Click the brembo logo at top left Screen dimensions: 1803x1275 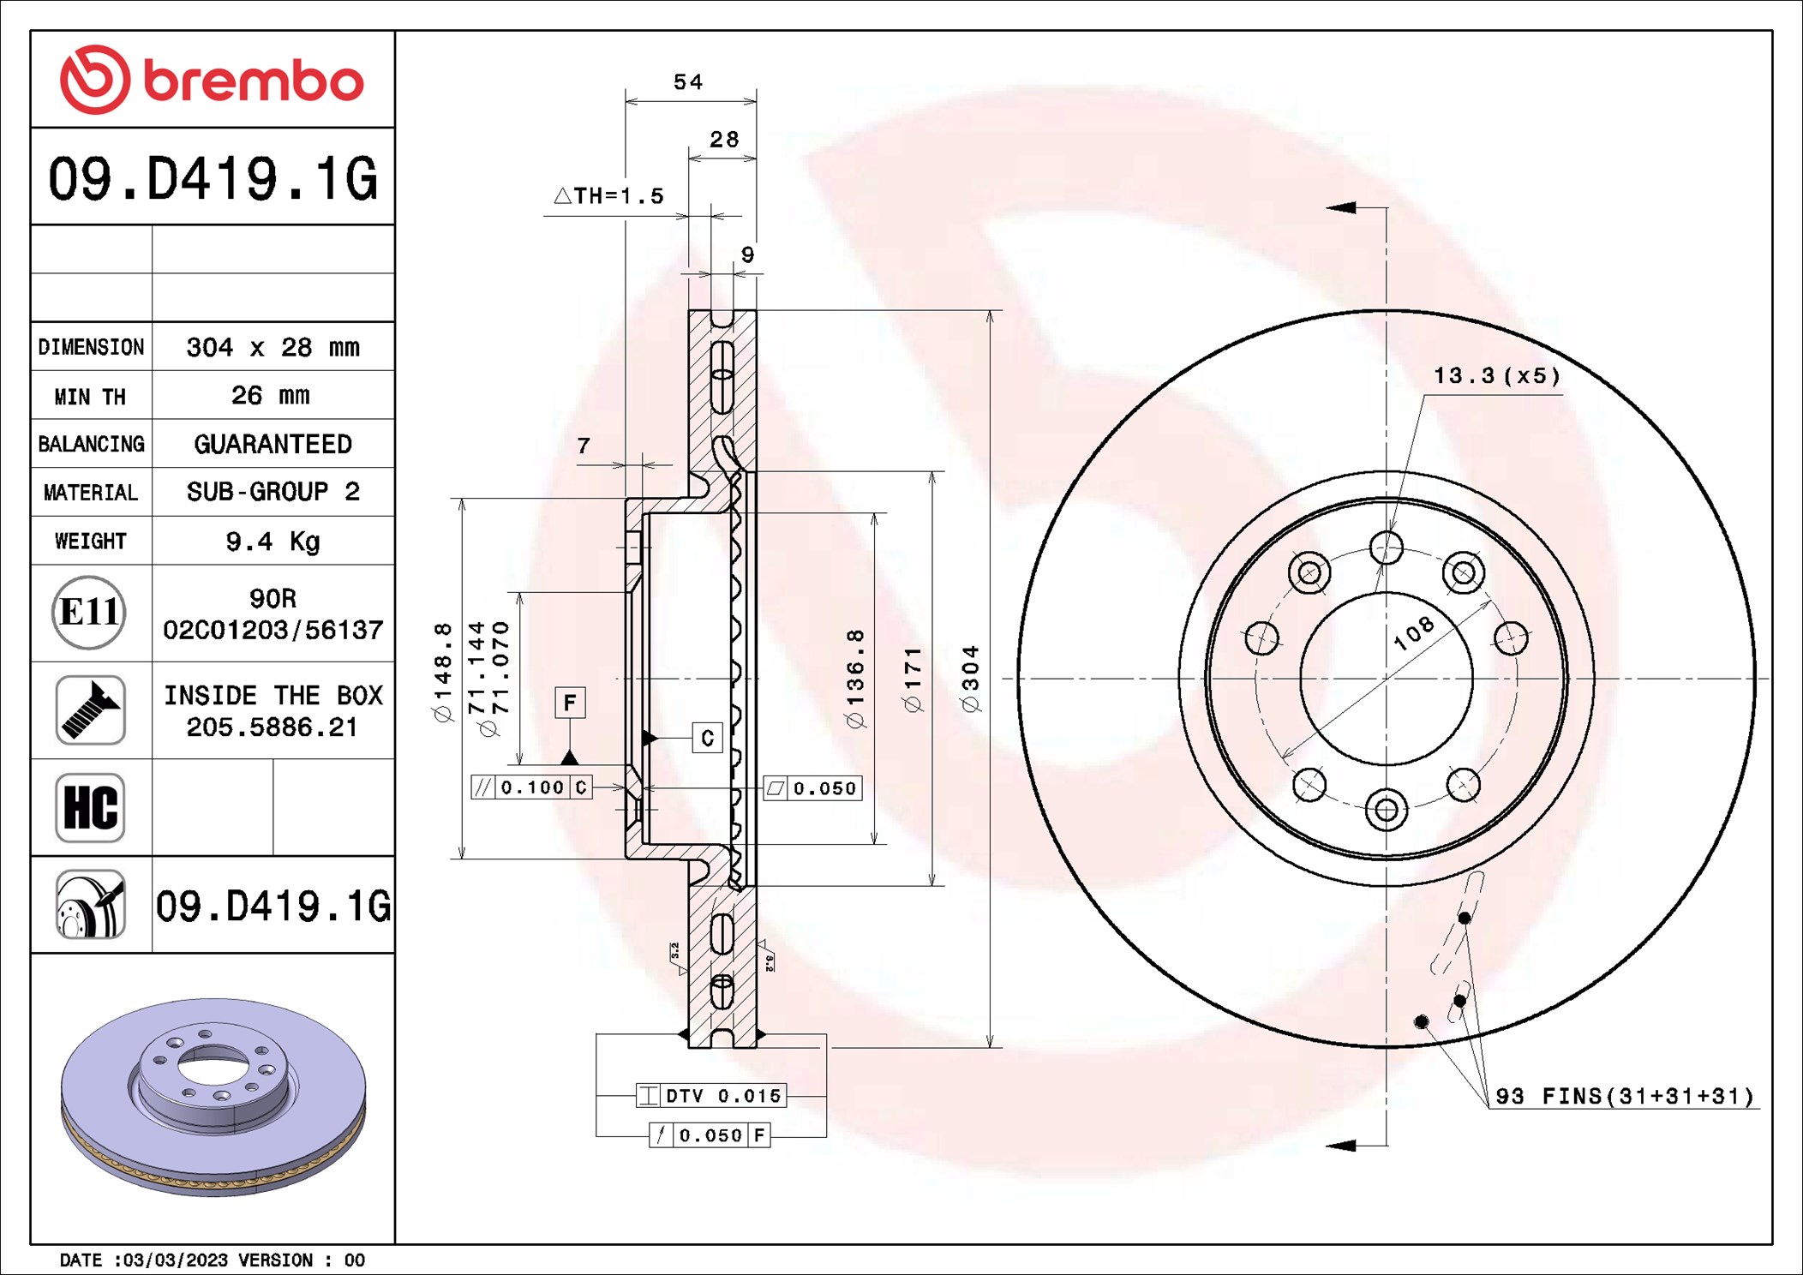click(212, 80)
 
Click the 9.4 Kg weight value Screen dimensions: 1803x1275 click(273, 542)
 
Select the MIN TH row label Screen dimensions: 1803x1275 click(90, 397)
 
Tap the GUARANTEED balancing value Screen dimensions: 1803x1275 click(273, 444)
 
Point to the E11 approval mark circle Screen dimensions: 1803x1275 click(89, 612)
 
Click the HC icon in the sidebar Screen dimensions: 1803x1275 click(90, 807)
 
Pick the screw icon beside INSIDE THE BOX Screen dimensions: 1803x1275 click(90, 709)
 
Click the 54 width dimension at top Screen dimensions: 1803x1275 click(688, 82)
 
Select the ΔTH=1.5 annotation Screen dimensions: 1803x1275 click(609, 196)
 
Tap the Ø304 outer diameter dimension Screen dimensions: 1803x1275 click(970, 679)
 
